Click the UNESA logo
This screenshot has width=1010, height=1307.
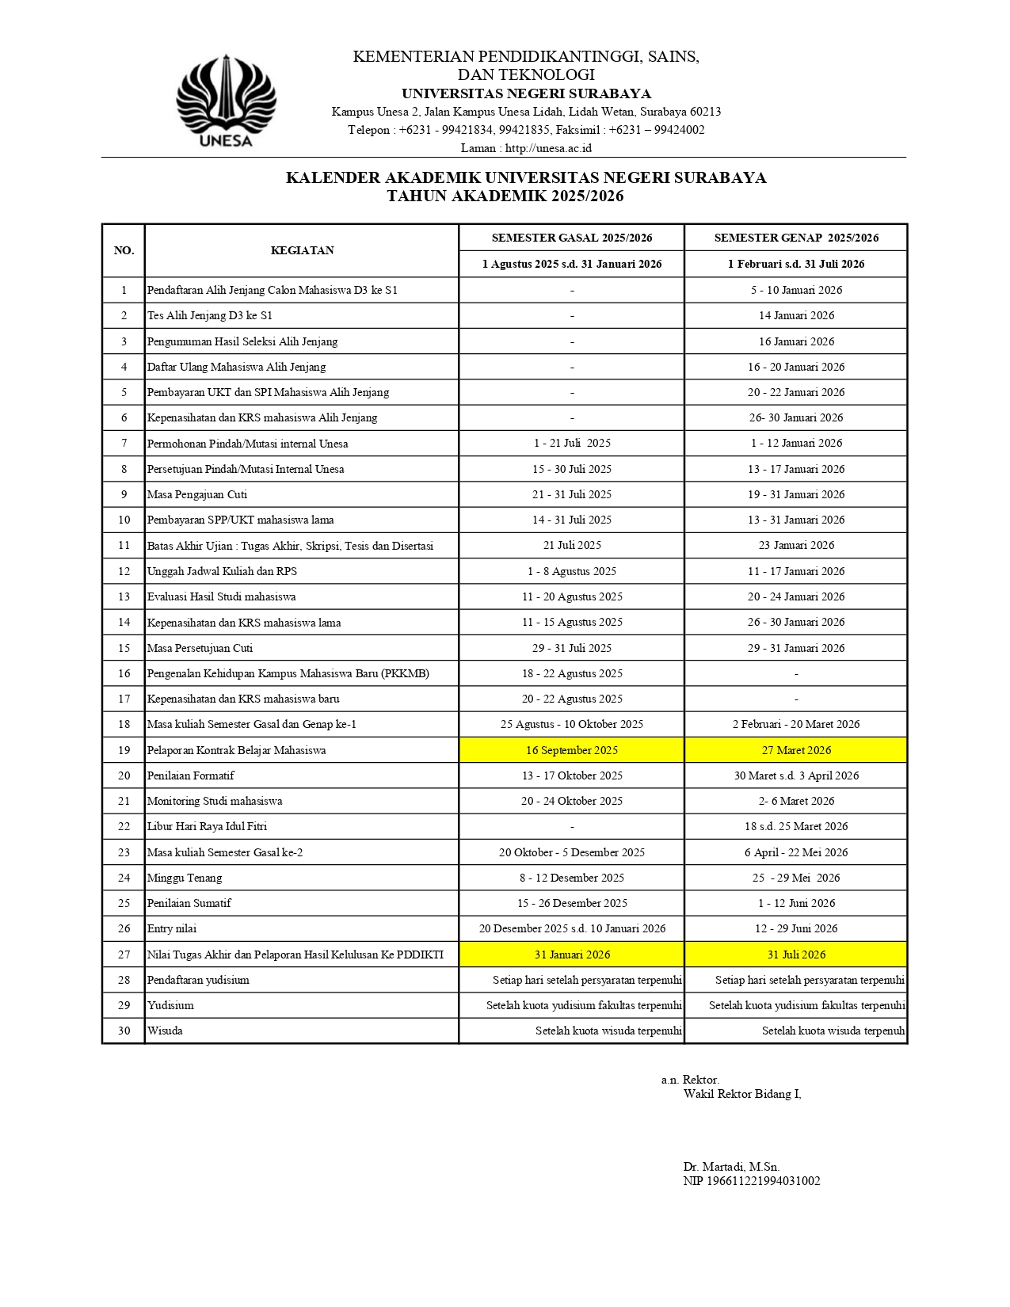click(226, 101)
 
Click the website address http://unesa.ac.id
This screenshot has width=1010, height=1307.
click(548, 148)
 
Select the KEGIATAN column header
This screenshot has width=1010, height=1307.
click(302, 250)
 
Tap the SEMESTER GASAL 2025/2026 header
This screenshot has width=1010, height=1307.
click(571, 238)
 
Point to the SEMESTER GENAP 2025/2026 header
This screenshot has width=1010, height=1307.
click(796, 238)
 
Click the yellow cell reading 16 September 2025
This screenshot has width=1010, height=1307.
click(571, 750)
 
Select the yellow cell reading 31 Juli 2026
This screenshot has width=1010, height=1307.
click(796, 955)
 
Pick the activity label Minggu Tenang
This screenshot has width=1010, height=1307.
click(185, 878)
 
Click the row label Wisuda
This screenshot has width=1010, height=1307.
click(165, 1031)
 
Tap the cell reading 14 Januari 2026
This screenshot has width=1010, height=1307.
click(796, 315)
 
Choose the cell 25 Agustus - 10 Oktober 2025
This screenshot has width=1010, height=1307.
click(571, 724)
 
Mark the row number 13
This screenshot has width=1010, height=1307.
click(124, 596)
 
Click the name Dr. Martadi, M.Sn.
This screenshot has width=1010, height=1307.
click(731, 1166)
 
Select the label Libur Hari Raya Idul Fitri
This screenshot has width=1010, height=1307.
click(207, 826)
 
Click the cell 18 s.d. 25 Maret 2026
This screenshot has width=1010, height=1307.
click(796, 826)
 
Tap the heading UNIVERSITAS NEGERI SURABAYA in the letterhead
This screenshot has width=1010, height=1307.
click(526, 93)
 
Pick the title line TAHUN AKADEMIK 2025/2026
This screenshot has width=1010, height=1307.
click(505, 196)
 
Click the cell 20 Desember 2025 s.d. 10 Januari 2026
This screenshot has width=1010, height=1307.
click(571, 928)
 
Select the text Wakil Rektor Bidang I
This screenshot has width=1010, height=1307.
click(742, 1094)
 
